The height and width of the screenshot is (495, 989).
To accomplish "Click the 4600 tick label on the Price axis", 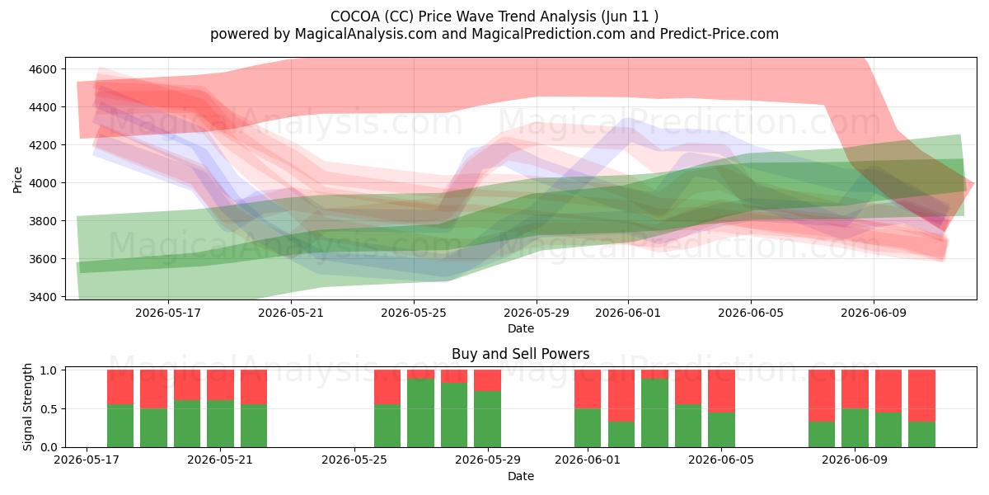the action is pyautogui.click(x=42, y=69).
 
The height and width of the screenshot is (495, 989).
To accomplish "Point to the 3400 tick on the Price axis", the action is pyautogui.click(x=42, y=297).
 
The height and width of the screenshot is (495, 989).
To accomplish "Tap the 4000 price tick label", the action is pyautogui.click(x=42, y=183).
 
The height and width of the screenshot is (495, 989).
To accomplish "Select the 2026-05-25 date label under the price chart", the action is pyautogui.click(x=414, y=313).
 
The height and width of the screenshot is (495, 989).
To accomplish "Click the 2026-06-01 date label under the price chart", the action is pyautogui.click(x=628, y=313).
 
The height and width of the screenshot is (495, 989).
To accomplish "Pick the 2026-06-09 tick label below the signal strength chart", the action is pyautogui.click(x=855, y=460).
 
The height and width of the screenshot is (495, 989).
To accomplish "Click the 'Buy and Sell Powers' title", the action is pyautogui.click(x=521, y=354).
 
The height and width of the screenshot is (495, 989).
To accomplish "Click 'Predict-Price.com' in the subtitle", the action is pyautogui.click(x=719, y=34).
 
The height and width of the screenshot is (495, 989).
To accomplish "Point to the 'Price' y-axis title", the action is pyautogui.click(x=17, y=180).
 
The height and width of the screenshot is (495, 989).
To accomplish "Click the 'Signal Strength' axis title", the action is pyautogui.click(x=27, y=407).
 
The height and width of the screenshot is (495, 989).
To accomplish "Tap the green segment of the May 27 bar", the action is pyautogui.click(x=420, y=412).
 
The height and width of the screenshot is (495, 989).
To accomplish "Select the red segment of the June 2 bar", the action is pyautogui.click(x=621, y=396).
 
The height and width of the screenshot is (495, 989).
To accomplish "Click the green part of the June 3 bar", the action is pyautogui.click(x=654, y=412).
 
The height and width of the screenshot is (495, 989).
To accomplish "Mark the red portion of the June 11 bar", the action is pyautogui.click(x=922, y=396).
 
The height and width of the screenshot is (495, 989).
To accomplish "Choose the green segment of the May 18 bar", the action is pyautogui.click(x=120, y=426).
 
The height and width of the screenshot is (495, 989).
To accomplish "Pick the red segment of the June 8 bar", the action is pyautogui.click(x=822, y=396).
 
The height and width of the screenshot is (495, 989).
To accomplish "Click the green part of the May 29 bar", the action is pyautogui.click(x=487, y=419).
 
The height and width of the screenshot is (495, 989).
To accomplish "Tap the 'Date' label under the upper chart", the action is pyautogui.click(x=521, y=328).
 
